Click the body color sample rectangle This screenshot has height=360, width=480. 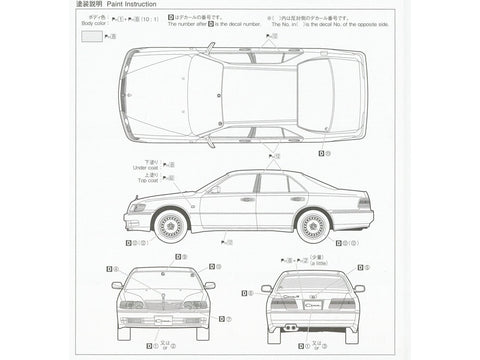pyautogui.click(x=91, y=36)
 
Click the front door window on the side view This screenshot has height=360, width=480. pyautogui.click(x=235, y=185)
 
